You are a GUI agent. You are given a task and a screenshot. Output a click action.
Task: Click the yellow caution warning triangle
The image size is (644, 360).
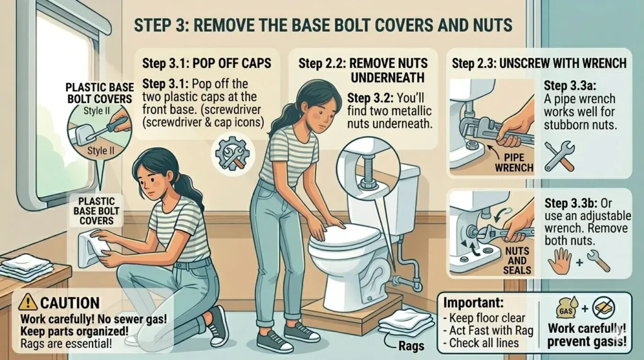(28, 302)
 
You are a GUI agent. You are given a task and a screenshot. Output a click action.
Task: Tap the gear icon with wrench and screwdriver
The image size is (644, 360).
(233, 154)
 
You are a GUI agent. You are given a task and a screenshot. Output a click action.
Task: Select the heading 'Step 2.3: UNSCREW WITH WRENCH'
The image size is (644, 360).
(539, 64)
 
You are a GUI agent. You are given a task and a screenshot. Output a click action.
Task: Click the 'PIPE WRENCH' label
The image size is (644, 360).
(514, 162)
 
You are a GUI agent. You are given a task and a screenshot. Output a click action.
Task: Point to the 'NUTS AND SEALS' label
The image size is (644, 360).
(517, 261)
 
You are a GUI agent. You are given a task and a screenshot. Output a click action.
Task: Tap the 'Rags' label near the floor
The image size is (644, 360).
(411, 346)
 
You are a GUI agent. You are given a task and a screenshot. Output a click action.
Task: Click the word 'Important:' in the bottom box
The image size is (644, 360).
(473, 303)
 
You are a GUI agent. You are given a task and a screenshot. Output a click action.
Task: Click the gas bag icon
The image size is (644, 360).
(566, 308)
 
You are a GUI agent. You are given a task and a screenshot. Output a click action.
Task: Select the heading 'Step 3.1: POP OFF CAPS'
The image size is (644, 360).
(206, 64)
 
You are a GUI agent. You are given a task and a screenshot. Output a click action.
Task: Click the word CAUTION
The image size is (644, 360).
(70, 303)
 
